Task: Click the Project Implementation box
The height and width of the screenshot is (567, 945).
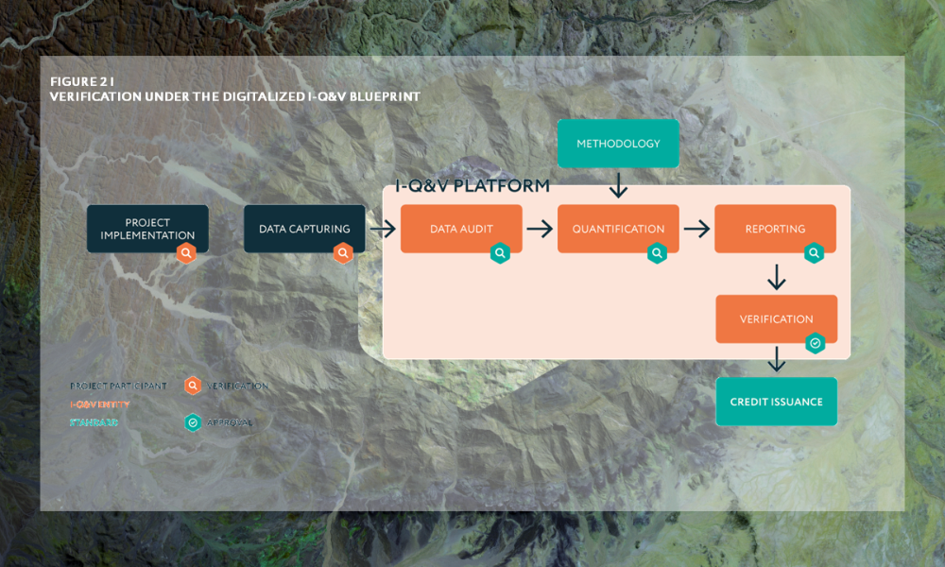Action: pyautogui.click(x=147, y=229)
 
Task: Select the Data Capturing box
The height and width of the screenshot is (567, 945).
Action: pyautogui.click(x=304, y=229)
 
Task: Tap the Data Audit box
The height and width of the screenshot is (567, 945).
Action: pyautogui.click(x=461, y=229)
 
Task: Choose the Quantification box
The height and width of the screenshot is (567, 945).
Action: pyautogui.click(x=618, y=229)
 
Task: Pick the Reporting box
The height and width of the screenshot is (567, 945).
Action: pyautogui.click(x=775, y=229)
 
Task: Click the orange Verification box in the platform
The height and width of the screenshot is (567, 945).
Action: pyautogui.click(x=776, y=318)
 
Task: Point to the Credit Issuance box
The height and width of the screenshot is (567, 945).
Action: pyautogui.click(x=776, y=402)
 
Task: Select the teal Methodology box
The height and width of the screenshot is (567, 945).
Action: pyautogui.click(x=618, y=144)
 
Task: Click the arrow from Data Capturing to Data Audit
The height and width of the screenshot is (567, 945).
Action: pyautogui.click(x=383, y=229)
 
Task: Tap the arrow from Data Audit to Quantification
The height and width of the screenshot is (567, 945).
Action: pyautogui.click(x=540, y=229)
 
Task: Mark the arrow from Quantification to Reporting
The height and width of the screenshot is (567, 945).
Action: pyautogui.click(x=696, y=229)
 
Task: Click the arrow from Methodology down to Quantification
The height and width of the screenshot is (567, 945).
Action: pyautogui.click(x=618, y=185)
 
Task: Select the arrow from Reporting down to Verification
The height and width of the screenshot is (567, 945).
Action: pyautogui.click(x=777, y=277)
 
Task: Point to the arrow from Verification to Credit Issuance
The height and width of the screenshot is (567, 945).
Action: pyautogui.click(x=777, y=360)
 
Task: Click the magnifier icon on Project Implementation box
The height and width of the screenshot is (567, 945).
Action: pyautogui.click(x=187, y=253)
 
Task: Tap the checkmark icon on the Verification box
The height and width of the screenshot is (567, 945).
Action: pyautogui.click(x=815, y=343)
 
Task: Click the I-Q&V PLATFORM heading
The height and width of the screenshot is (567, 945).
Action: pyautogui.click(x=472, y=186)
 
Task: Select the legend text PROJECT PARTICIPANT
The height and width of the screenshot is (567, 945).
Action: pyautogui.click(x=118, y=386)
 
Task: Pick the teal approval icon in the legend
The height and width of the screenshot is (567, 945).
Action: pyautogui.click(x=193, y=422)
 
